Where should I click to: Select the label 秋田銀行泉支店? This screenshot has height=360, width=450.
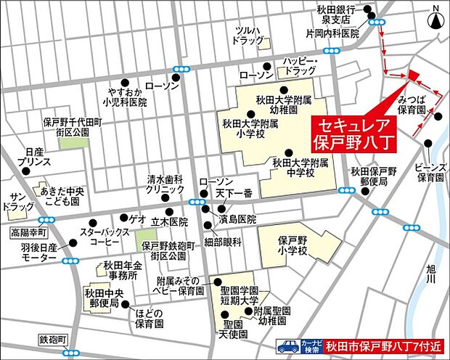[335, 15]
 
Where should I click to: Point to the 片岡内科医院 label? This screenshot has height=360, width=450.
[332, 33]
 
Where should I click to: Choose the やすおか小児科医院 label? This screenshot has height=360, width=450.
[124, 97]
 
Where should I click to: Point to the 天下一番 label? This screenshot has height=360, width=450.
[234, 193]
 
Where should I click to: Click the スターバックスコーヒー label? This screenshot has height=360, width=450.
[99, 237]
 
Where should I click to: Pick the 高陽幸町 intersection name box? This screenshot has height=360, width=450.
[28, 232]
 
